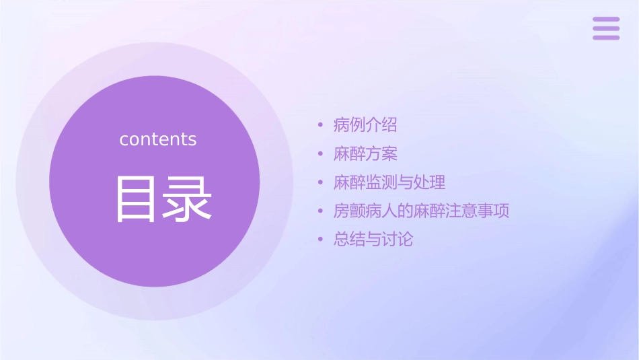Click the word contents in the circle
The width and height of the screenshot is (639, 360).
[x=158, y=139]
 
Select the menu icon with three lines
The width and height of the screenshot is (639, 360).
[x=606, y=28]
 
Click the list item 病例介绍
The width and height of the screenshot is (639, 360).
[x=365, y=125]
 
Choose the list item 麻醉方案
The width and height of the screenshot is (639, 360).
[x=365, y=153]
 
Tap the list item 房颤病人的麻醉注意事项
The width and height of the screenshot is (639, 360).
[x=421, y=211]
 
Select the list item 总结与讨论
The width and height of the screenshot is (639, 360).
[x=373, y=239]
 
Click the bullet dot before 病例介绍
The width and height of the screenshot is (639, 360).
[x=321, y=125]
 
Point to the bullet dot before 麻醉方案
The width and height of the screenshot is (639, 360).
[x=321, y=154]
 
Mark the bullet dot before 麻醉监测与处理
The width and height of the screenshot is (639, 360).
[x=321, y=182]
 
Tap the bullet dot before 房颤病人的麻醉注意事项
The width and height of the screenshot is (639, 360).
[x=321, y=211]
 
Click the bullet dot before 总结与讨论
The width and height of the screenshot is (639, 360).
[x=321, y=240]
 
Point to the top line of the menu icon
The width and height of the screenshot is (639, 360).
[x=606, y=20]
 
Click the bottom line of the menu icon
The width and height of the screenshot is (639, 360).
[x=606, y=37]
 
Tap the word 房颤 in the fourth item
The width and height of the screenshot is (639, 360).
[x=349, y=211]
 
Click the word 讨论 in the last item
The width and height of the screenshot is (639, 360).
[x=398, y=239]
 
